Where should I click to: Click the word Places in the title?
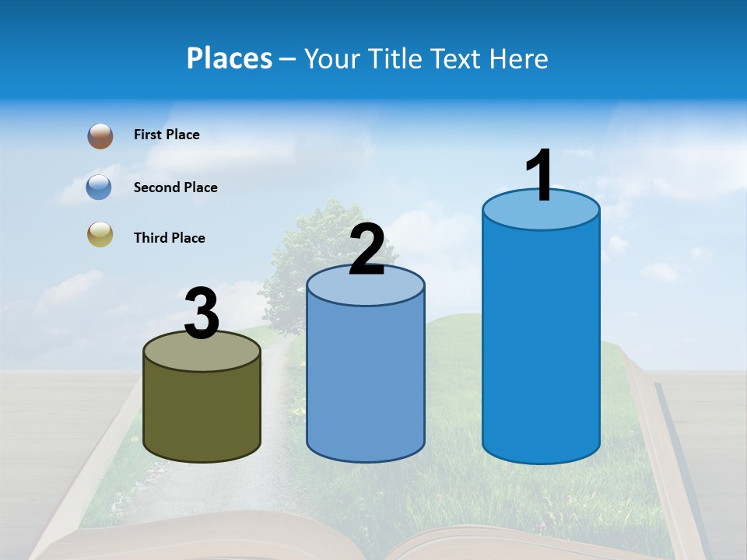click(x=230, y=58)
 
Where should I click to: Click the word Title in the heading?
click(x=394, y=58)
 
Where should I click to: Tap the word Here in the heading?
click(x=520, y=58)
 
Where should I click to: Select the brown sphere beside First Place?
click(x=100, y=136)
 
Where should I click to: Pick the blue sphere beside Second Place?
click(x=100, y=187)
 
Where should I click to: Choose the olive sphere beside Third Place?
click(x=100, y=234)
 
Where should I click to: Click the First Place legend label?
click(x=167, y=135)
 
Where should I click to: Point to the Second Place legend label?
click(x=175, y=187)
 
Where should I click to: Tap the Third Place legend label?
click(x=169, y=238)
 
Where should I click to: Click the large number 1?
click(x=539, y=175)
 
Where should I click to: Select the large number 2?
click(x=366, y=250)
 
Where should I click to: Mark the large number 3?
click(x=202, y=313)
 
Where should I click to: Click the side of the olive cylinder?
click(x=202, y=412)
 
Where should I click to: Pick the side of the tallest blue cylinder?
click(x=541, y=342)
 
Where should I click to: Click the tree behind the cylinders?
click(x=311, y=241)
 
